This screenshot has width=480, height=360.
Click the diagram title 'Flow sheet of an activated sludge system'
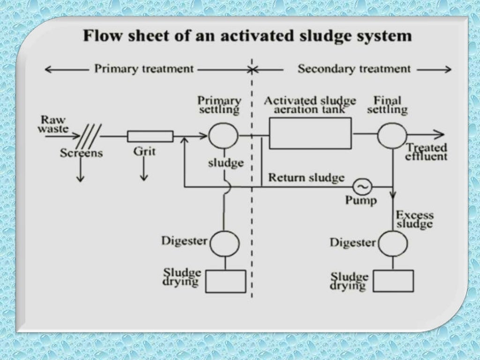pyautogui.click(x=247, y=36)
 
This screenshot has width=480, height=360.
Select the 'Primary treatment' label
pyautogui.click(x=144, y=69)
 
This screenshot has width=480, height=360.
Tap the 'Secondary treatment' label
pyautogui.click(x=354, y=69)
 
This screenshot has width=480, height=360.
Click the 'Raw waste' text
pyautogui.click(x=53, y=124)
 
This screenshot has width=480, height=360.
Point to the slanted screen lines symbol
pyautogui.click(x=88, y=136)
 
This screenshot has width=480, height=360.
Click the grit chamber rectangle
pyautogui.click(x=150, y=136)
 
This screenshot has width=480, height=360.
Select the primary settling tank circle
pyautogui.click(x=224, y=136)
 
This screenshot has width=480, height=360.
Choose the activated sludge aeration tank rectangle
pyautogui.click(x=310, y=133)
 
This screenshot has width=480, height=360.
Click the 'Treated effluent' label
pyautogui.click(x=426, y=151)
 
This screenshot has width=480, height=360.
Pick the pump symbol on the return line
pyautogui.click(x=363, y=187)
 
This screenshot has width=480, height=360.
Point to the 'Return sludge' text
pyautogui.click(x=306, y=178)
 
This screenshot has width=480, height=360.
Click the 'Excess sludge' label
pyautogui.click(x=414, y=220)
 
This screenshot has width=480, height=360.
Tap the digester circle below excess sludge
pyautogui.click(x=392, y=243)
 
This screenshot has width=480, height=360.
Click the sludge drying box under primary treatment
pyautogui.click(x=225, y=281)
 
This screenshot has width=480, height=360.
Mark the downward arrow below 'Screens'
pyautogui.click(x=80, y=171)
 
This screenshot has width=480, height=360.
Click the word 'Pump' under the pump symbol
pyautogui.click(x=361, y=201)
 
